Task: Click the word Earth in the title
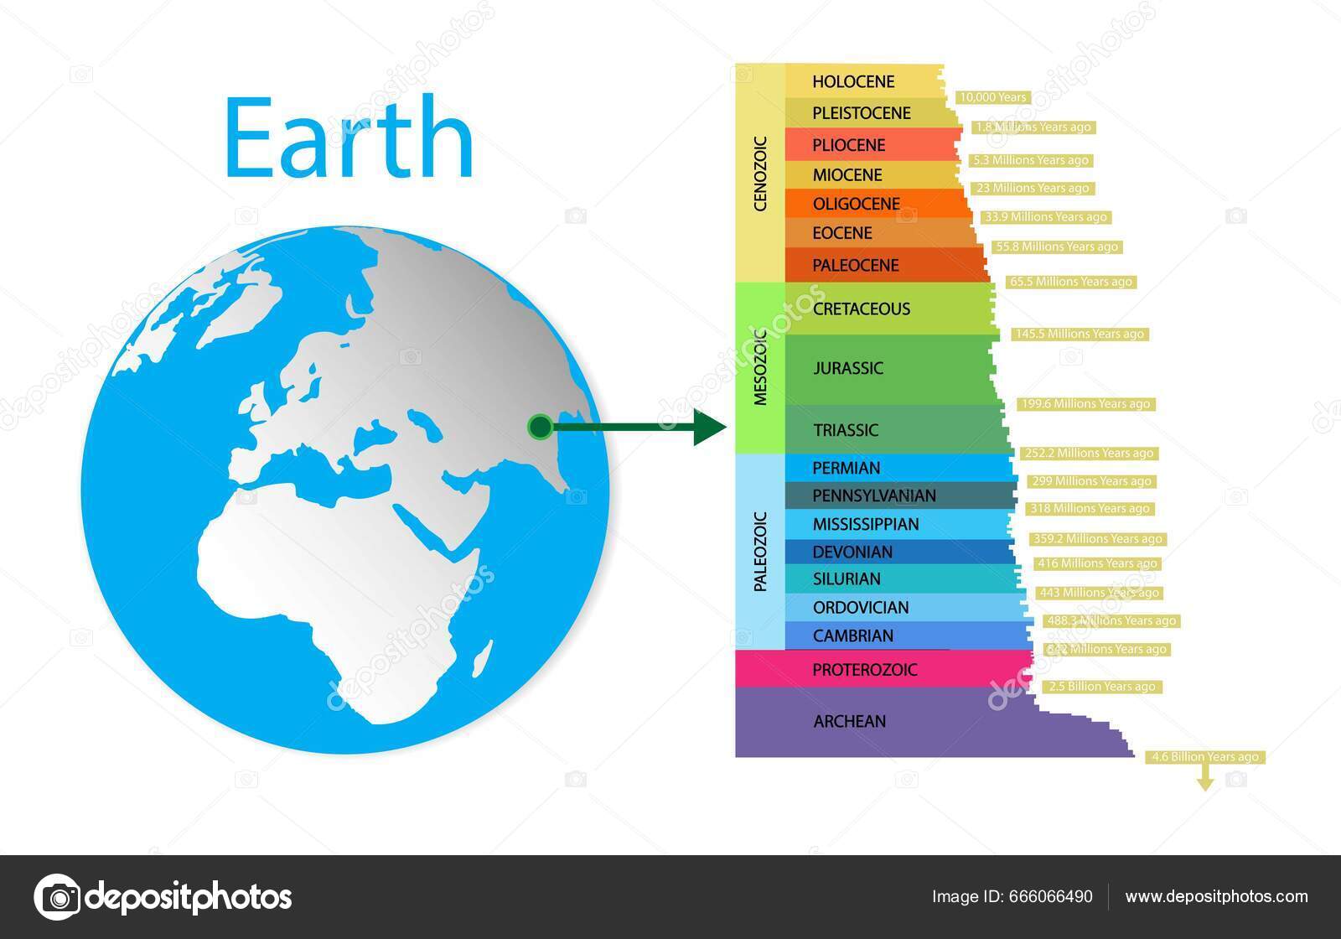click(349, 138)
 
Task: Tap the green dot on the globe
click(540, 428)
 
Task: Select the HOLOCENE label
click(853, 81)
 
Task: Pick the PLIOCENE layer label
click(848, 145)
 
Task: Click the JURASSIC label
click(848, 368)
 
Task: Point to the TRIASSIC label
click(846, 431)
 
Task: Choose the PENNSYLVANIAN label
click(874, 495)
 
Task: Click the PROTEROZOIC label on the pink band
click(865, 670)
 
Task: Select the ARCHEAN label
click(849, 721)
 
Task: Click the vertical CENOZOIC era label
click(760, 174)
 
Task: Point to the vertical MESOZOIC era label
click(760, 367)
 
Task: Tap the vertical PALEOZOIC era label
click(760, 552)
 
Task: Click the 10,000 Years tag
click(992, 97)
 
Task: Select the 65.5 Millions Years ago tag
click(1071, 282)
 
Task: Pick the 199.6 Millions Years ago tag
click(1086, 404)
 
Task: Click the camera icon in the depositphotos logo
click(57, 897)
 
